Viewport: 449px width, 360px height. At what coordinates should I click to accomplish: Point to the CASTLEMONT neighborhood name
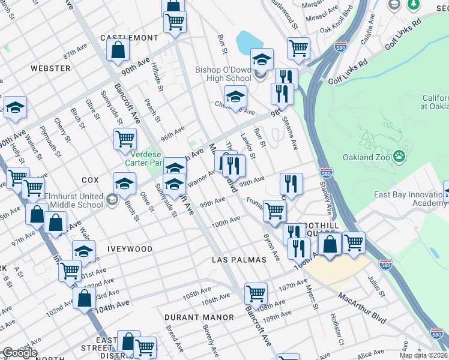click(x=128, y=38)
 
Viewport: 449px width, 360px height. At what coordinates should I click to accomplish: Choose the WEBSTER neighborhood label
click(x=50, y=68)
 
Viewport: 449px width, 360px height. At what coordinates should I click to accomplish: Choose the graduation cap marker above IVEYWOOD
click(x=83, y=252)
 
